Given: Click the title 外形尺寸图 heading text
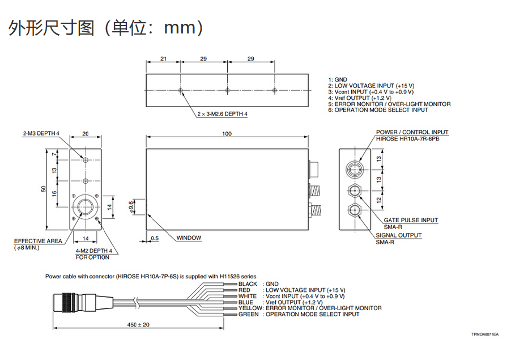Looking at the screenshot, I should pyautogui.click(x=51, y=27).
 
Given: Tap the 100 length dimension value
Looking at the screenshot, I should pyautogui.click(x=227, y=134).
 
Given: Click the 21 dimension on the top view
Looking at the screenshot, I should pyautogui.click(x=163, y=58).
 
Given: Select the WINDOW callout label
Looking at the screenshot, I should pyautogui.click(x=189, y=238).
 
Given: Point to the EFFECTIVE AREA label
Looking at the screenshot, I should pyautogui.click(x=38, y=241).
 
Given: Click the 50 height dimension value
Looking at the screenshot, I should pyautogui.click(x=43, y=189).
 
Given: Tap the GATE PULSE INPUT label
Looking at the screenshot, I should pyautogui.click(x=411, y=220).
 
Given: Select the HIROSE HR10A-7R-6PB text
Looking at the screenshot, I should pyautogui.click(x=412, y=139).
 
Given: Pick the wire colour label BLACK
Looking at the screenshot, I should pyautogui.click(x=248, y=284).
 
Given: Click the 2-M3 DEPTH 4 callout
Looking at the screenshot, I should pyautogui.click(x=41, y=134).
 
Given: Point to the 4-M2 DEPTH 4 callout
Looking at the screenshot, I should pyautogui.click(x=94, y=251).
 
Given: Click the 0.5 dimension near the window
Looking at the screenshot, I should pyautogui.click(x=155, y=238).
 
